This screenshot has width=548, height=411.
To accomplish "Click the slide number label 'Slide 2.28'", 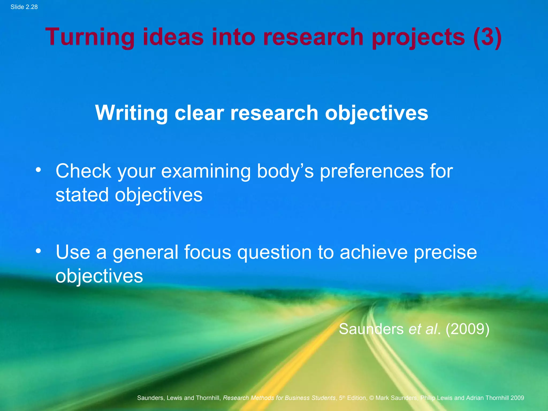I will (x=24, y=7).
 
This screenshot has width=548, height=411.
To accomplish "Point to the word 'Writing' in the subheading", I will (x=131, y=113).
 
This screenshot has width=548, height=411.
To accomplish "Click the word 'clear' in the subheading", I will (x=199, y=113).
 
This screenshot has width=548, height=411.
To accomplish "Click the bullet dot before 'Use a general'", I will (x=39, y=251).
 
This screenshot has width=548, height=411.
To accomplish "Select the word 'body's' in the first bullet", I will (x=285, y=171).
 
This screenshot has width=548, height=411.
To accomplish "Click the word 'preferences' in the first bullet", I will (x=372, y=171).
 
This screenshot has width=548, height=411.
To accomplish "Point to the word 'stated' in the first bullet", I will (x=82, y=195).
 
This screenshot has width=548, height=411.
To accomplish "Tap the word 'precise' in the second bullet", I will (x=445, y=252).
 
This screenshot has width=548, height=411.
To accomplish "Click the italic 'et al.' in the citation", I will (x=424, y=329).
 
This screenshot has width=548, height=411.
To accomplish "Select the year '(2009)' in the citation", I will (x=467, y=329).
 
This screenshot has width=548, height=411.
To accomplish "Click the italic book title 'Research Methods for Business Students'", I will (x=279, y=398).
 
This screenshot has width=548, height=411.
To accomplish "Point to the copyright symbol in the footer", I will (x=371, y=398).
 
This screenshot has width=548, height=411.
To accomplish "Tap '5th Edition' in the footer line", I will (x=353, y=398).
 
